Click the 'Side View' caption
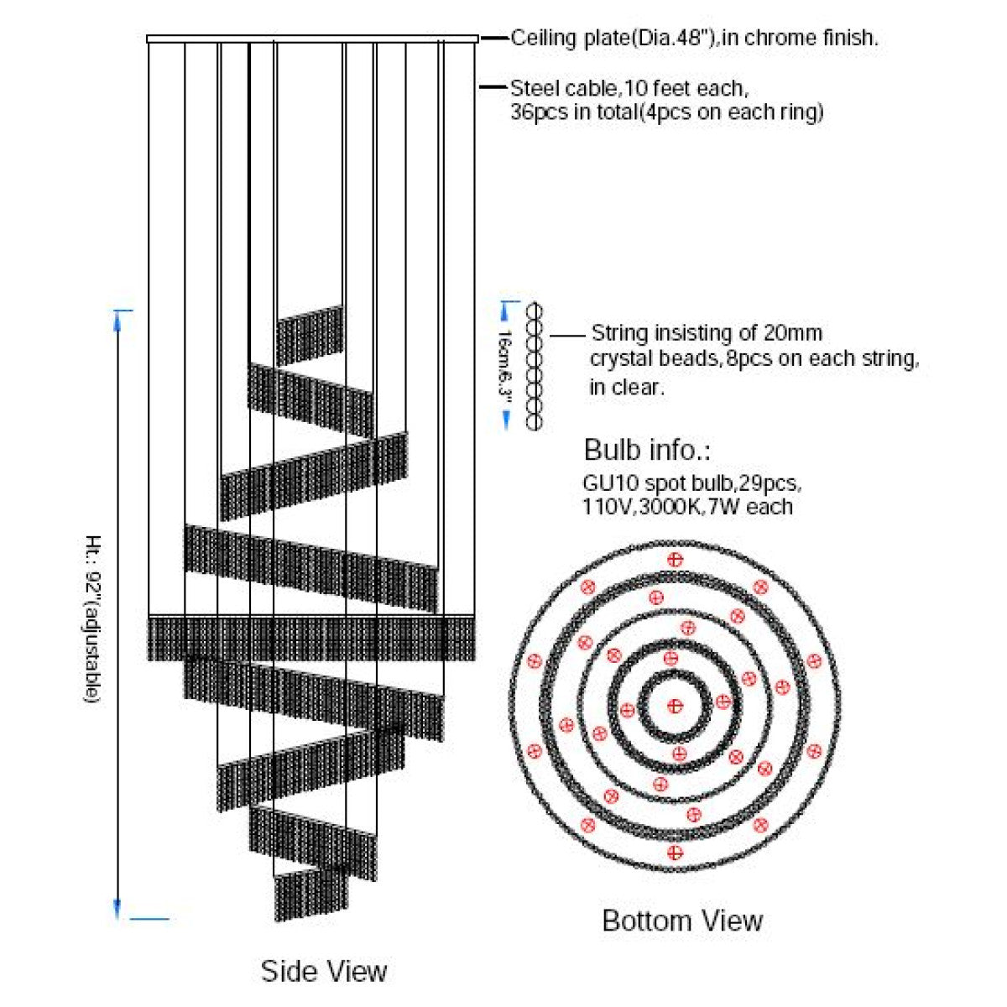click(x=324, y=972)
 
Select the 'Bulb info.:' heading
click(x=647, y=450)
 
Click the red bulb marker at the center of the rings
click(x=676, y=707)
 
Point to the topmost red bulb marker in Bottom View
click(x=676, y=560)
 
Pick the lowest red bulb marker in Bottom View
click(x=675, y=853)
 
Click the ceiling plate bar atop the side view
click(x=312, y=39)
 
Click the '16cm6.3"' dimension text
click(x=504, y=366)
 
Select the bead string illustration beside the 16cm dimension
click(x=534, y=367)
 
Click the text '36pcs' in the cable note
click(x=539, y=113)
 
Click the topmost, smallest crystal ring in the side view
click(x=310, y=336)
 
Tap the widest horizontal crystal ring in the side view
click(x=312, y=639)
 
